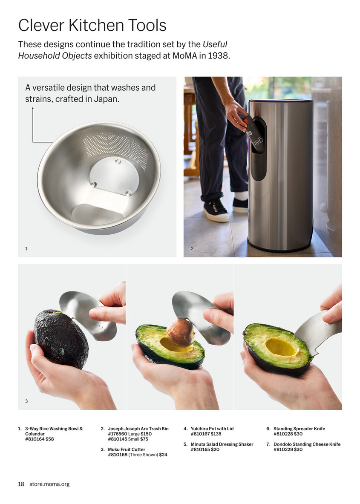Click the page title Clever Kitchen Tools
point(92,26)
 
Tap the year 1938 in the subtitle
point(218,56)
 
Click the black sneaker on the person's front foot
point(216,210)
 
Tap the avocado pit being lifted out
point(181,332)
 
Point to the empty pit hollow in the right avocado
point(279,347)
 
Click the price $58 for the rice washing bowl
point(50,439)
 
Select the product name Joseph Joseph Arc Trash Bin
point(138,429)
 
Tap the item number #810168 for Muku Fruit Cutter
point(118,455)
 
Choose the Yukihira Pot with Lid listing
point(212,429)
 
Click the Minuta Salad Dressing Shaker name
point(222,444)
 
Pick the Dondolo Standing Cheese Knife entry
point(307,444)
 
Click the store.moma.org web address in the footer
point(49,484)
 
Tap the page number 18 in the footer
point(21,484)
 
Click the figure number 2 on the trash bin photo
point(192,248)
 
